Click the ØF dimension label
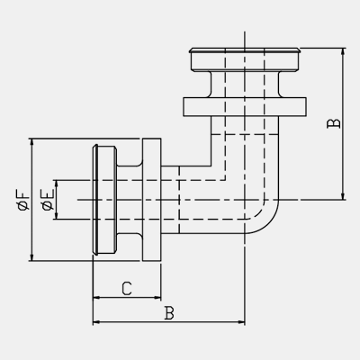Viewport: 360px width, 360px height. click(x=24, y=200)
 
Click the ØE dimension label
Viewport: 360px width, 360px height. click(x=49, y=200)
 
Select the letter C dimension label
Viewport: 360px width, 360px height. click(x=127, y=289)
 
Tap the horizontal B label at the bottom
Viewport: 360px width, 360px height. click(x=169, y=313)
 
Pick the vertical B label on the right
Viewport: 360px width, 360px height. click(x=334, y=123)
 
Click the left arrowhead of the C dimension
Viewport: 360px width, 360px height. click(x=96, y=298)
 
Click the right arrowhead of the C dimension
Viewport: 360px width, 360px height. click(x=157, y=298)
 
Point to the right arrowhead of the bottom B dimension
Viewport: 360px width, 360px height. click(x=241, y=322)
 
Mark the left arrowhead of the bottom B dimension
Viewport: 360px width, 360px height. click(x=96, y=322)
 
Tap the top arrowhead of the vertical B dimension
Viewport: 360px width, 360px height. click(x=343, y=51)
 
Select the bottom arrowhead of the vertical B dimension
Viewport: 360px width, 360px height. click(x=343, y=196)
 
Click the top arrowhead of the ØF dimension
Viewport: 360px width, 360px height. click(x=31, y=142)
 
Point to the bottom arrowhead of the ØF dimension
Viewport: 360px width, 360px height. click(x=31, y=257)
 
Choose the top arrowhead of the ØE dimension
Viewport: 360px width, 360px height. click(x=56, y=184)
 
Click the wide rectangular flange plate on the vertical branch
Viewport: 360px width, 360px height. click(x=245, y=107)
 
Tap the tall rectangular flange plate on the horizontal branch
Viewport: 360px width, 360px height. click(x=152, y=200)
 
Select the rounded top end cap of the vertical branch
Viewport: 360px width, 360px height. click(x=245, y=59)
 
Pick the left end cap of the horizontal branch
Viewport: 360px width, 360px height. click(x=104, y=200)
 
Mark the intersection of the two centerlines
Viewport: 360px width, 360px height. click(x=245, y=200)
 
